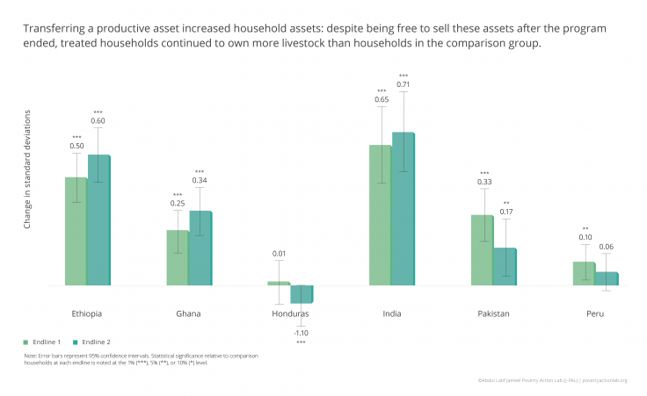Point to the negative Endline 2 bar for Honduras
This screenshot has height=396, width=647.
tap(302, 293)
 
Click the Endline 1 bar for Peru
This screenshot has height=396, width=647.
tap(585, 273)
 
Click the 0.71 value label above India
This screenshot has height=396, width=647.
tap(403, 84)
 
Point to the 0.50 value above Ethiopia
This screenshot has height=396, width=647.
tap(76, 146)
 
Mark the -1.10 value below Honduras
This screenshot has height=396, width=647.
tap(302, 333)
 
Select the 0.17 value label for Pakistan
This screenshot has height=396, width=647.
tap(506, 212)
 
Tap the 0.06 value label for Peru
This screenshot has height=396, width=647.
tap(607, 247)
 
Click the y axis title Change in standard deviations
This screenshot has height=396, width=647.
tap(27, 170)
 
